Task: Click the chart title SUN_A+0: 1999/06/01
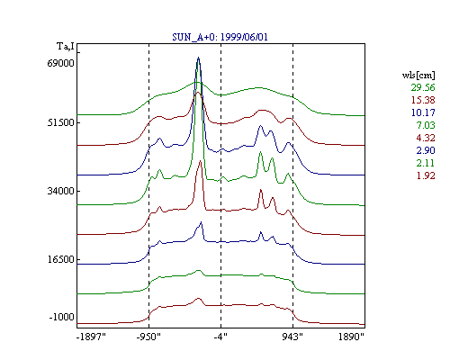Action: click(220, 37)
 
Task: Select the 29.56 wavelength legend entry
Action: click(423, 87)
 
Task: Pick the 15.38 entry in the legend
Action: click(423, 100)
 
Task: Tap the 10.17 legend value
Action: click(423, 112)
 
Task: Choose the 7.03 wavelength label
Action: click(426, 125)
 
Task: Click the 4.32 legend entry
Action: click(426, 138)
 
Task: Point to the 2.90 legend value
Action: click(426, 150)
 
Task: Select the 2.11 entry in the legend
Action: click(426, 163)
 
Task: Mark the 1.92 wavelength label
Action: click(426, 175)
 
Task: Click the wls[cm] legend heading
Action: click(418, 75)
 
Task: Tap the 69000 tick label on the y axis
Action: click(60, 64)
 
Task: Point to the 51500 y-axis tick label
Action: click(60, 122)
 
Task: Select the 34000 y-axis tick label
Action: click(60, 191)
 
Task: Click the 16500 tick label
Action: click(60, 259)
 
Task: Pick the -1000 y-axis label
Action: click(61, 317)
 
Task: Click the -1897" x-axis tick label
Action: click(91, 337)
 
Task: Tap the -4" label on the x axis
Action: click(220, 337)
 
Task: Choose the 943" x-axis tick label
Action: click(292, 337)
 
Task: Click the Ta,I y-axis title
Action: click(66, 47)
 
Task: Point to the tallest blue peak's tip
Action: click(198, 57)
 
